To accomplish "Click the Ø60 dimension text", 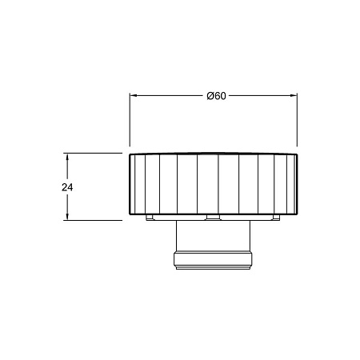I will (216, 95).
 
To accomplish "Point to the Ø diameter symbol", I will (209, 95).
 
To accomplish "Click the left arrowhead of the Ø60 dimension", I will (134, 95).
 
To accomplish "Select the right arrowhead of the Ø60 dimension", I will (295, 95).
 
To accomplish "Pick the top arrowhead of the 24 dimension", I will (67, 157).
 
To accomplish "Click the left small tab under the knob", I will (150, 218).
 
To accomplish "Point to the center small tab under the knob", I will (212, 218).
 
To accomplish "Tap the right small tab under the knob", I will (275, 218).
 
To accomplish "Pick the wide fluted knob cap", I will (214, 184).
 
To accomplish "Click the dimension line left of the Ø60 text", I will (168, 95).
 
